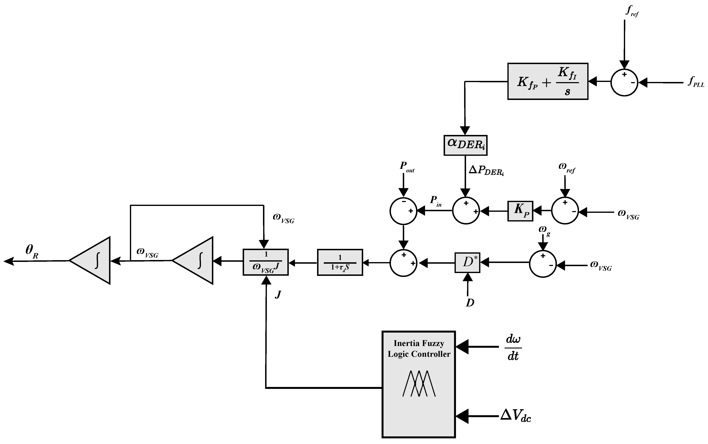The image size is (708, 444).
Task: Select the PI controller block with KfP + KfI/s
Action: tap(548, 81)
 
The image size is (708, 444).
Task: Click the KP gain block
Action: tap(520, 211)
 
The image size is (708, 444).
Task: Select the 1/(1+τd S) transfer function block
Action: tap(340, 262)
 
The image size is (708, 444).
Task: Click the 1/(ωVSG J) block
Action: tap(266, 262)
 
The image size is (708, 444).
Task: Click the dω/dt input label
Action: tap(513, 348)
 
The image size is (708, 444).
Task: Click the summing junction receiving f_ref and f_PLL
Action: tap(624, 82)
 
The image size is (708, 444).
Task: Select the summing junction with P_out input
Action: tap(403, 211)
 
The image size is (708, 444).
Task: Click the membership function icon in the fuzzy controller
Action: tap(419, 383)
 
